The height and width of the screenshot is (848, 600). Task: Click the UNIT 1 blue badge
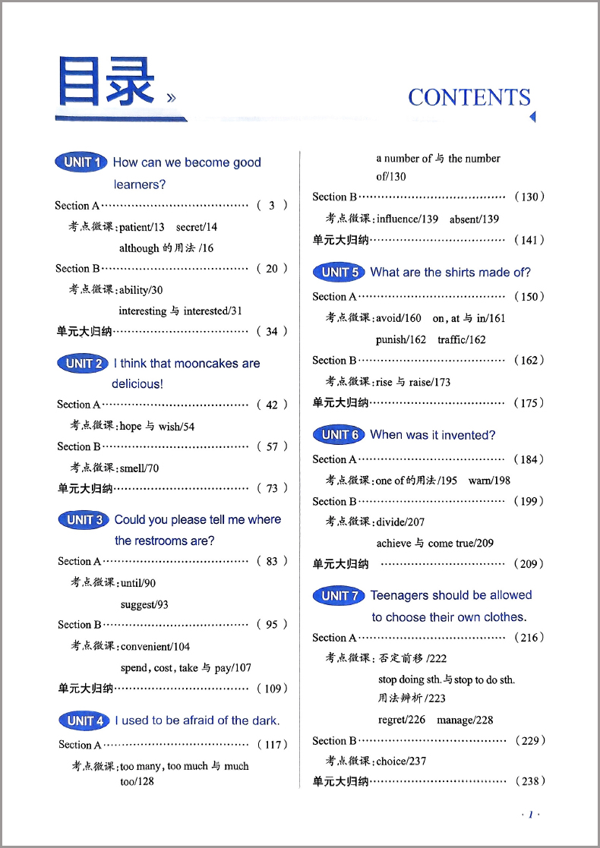[81, 162]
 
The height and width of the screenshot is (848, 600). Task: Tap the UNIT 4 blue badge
[84, 720]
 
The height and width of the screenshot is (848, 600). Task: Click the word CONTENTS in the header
[469, 97]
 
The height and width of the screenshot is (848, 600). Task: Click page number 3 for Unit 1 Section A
[271, 205]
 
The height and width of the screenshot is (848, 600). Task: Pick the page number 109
[272, 689]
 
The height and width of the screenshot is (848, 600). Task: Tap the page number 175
[529, 402]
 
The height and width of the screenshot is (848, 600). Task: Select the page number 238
[529, 780]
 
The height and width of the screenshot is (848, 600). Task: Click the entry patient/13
[141, 227]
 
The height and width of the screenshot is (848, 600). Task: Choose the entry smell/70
[140, 468]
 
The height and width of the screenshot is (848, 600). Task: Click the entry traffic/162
[462, 339]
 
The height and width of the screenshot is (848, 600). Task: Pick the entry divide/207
[400, 522]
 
